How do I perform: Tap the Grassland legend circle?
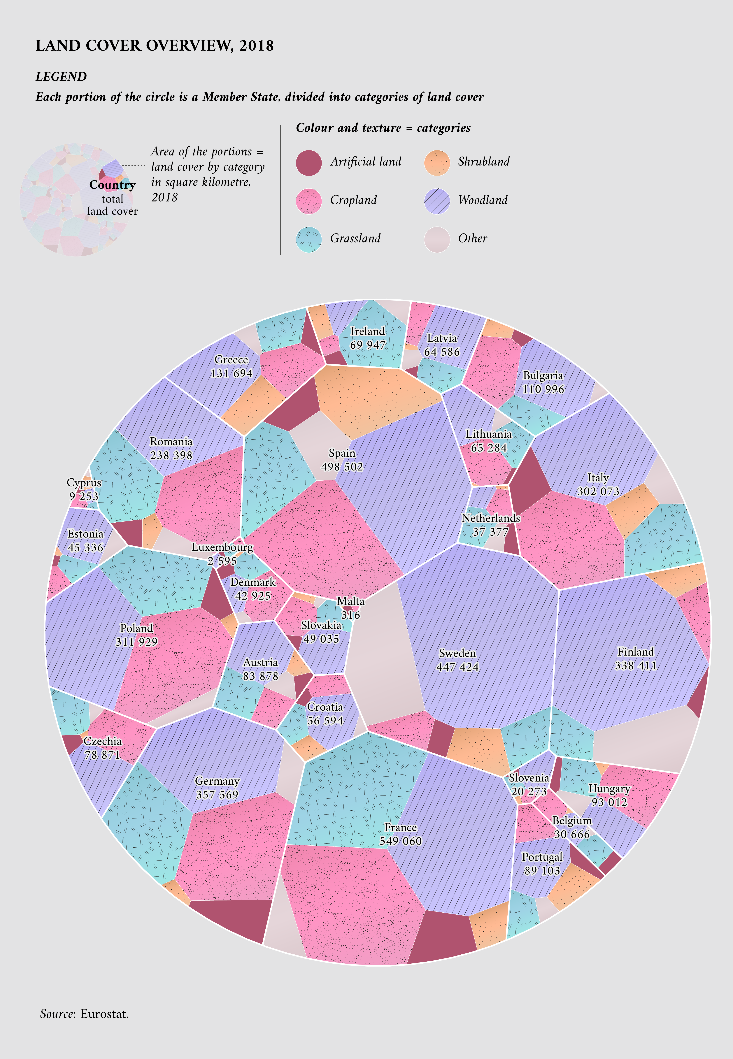click(x=309, y=239)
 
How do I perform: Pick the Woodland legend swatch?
click(x=437, y=201)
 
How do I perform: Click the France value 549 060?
click(x=401, y=841)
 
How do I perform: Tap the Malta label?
click(x=350, y=601)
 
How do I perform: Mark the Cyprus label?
click(x=84, y=483)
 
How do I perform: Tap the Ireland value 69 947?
click(x=368, y=345)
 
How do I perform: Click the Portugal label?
click(x=542, y=857)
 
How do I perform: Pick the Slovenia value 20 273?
click(x=529, y=791)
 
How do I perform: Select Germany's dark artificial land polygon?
click(x=230, y=918)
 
